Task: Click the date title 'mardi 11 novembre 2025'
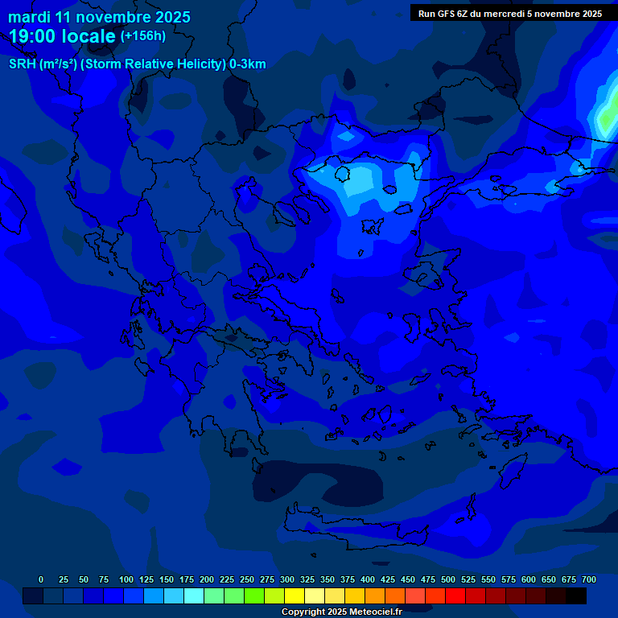[x=99, y=17]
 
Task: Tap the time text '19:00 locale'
[x=62, y=36]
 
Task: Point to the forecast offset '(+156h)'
[x=143, y=36]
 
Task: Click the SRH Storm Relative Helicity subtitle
[x=137, y=64]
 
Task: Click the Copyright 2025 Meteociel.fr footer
[x=341, y=612]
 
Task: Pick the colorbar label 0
[x=41, y=580]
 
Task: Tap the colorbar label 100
[x=126, y=580]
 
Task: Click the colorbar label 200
[x=206, y=580]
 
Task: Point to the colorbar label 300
[x=286, y=580]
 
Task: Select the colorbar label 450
[x=408, y=580]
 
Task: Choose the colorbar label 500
[x=448, y=580]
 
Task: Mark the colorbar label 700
[x=588, y=580]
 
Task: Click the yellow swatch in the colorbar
[x=295, y=596]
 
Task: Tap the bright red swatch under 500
[x=455, y=596]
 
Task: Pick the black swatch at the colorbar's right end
[x=576, y=596]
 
